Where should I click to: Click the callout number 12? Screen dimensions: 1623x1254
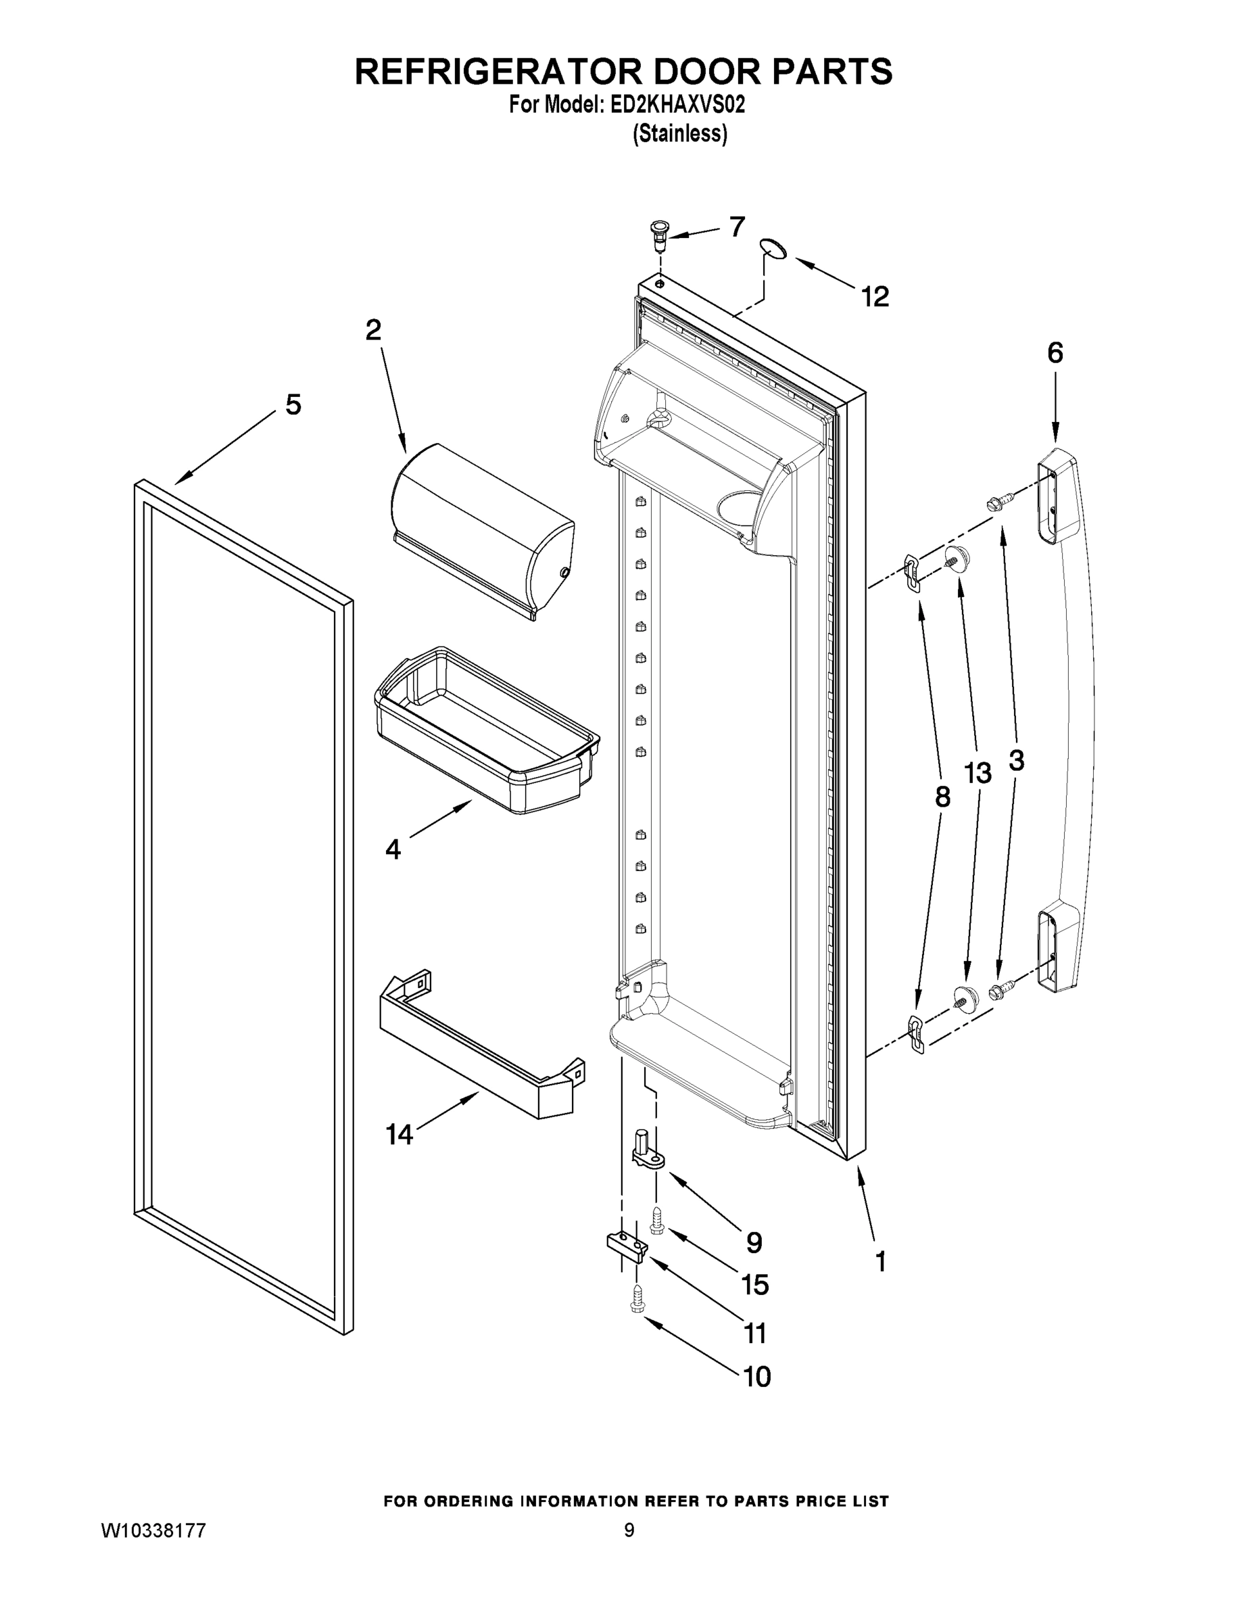click(875, 298)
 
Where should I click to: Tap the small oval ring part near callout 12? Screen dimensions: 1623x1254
click(773, 248)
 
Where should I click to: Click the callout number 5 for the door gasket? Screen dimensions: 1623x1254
click(293, 405)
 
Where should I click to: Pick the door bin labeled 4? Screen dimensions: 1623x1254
click(487, 732)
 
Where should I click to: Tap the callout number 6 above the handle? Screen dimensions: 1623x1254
click(1055, 352)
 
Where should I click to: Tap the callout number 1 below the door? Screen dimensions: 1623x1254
click(880, 1261)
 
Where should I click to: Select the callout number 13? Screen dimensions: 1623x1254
click(978, 774)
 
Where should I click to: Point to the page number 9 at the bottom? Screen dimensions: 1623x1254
click(629, 1530)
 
